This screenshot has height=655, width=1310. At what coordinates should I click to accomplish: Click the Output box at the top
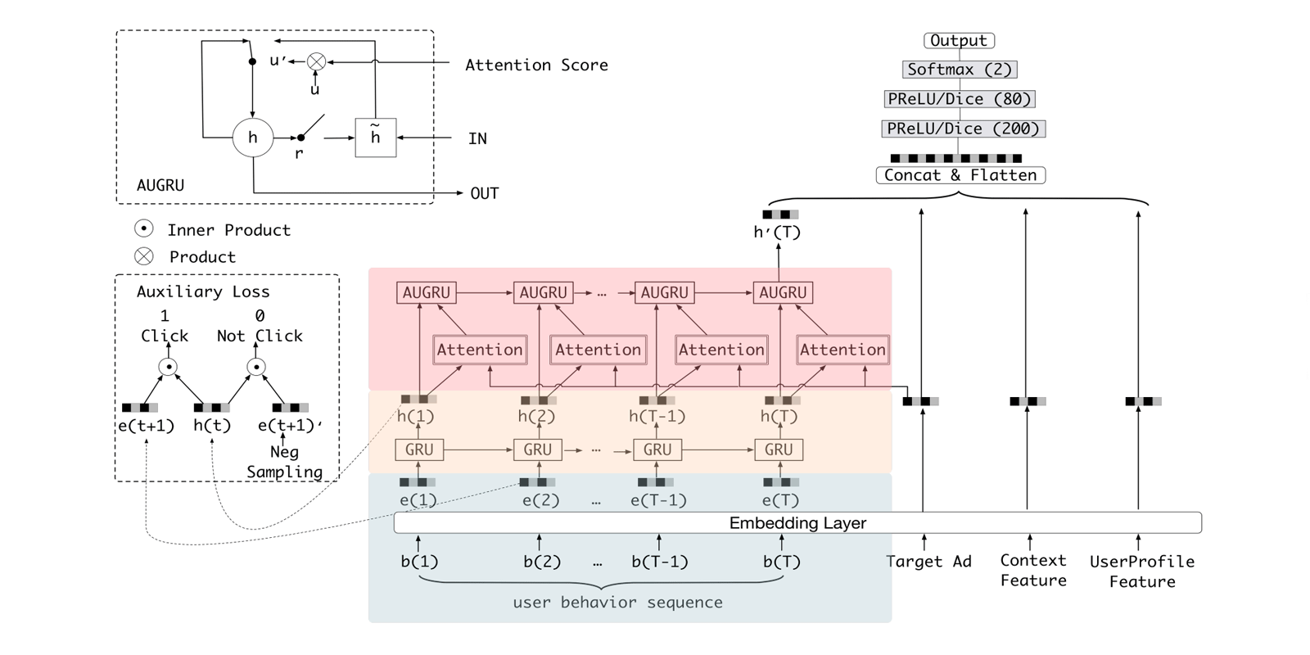point(959,40)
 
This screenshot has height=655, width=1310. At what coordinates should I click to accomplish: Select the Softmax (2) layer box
point(960,70)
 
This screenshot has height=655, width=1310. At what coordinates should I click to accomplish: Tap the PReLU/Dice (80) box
point(960,99)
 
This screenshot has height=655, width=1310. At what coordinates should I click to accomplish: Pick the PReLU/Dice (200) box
point(963,129)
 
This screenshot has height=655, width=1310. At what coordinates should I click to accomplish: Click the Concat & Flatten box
point(960,175)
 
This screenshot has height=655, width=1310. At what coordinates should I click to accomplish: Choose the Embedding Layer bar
point(797,522)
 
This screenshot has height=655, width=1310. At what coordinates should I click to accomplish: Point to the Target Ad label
point(928,562)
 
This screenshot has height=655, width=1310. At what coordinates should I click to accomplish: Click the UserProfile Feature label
point(1142,571)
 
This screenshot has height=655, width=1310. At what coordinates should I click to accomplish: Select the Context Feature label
point(1033,571)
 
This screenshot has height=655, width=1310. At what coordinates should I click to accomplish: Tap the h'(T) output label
point(777,233)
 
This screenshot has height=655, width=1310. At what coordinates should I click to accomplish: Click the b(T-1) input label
point(659,562)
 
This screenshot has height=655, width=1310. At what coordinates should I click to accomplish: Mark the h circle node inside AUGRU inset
point(253,138)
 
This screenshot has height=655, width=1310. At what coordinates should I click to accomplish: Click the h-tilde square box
point(376,138)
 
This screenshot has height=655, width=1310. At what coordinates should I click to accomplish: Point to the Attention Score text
point(536,65)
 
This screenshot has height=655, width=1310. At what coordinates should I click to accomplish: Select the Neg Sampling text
point(284,462)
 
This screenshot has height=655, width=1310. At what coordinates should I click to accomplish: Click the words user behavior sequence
point(617,603)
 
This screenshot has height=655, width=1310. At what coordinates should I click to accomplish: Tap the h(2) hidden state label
point(536,417)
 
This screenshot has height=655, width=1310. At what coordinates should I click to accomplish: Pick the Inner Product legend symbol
point(144,229)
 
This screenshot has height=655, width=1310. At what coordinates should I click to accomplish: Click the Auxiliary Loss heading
point(203,292)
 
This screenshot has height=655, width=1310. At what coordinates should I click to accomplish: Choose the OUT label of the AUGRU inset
point(484,193)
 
